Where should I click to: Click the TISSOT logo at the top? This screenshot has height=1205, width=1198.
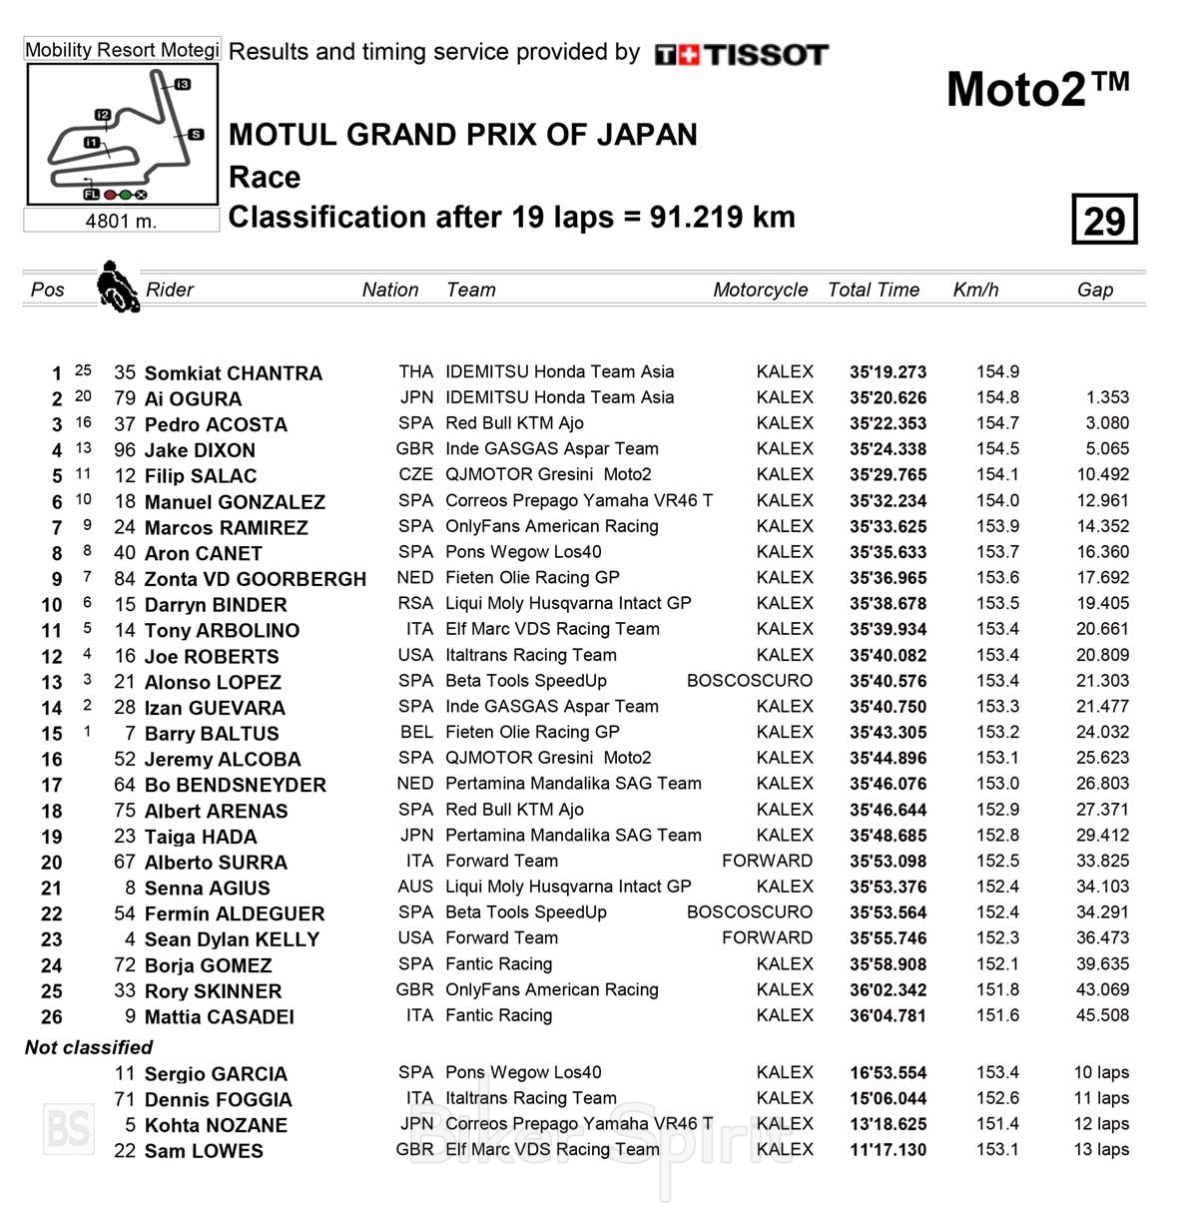(742, 54)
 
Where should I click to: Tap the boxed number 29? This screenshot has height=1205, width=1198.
(1104, 220)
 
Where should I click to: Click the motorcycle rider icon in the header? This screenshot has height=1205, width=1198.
(117, 287)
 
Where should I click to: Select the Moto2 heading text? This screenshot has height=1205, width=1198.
(1037, 89)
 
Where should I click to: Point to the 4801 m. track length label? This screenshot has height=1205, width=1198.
(121, 221)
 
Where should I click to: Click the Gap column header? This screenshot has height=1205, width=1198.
(1094, 290)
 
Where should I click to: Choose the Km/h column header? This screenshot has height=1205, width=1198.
(975, 290)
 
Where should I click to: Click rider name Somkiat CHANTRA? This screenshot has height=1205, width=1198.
(233, 373)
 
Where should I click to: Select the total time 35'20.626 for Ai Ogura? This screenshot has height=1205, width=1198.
(888, 398)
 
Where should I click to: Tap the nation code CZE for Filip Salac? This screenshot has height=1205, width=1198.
(415, 475)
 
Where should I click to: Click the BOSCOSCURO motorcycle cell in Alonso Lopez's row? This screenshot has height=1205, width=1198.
(749, 681)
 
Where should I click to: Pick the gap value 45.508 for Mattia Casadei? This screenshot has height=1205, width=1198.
(1102, 1015)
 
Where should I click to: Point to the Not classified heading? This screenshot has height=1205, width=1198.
(89, 1047)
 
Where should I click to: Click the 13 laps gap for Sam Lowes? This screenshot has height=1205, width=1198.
(1100, 1149)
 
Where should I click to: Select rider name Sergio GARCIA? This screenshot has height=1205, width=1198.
(216, 1074)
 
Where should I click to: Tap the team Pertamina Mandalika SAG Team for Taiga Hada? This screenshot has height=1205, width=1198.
(573, 836)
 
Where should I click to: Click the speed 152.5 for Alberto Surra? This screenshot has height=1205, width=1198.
(997, 861)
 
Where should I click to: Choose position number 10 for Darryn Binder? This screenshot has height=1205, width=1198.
(52, 605)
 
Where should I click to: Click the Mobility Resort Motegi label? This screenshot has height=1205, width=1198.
(122, 50)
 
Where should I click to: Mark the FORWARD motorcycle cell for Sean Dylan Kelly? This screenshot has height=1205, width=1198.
(767, 938)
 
